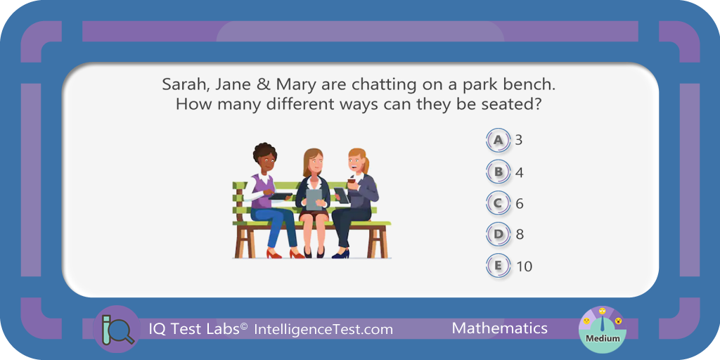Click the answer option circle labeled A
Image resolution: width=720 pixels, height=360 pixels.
[499, 141]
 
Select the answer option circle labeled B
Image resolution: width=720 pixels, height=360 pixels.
[499, 172]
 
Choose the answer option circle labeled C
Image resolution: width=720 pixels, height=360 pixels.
[499, 203]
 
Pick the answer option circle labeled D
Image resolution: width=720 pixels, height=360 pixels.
[499, 235]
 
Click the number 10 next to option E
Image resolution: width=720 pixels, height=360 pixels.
[524, 266]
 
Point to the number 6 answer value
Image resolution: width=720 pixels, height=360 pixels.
[520, 203]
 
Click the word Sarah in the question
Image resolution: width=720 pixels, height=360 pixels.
[182, 85]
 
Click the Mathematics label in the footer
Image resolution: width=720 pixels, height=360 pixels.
[500, 328]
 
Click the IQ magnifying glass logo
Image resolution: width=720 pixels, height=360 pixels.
[116, 329]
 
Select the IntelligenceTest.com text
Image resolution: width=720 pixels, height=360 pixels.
[323, 329]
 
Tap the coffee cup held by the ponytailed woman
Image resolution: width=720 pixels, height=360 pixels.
[352, 184]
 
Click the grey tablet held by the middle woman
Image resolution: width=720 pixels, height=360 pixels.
[314, 199]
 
